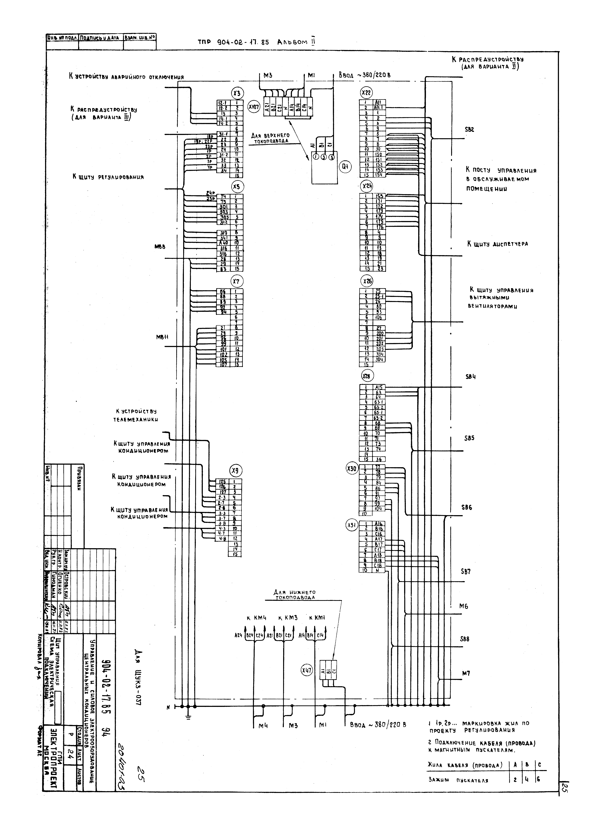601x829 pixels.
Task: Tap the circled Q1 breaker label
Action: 345,167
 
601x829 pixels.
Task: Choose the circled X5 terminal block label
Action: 237,187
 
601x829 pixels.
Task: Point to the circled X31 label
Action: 352,526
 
